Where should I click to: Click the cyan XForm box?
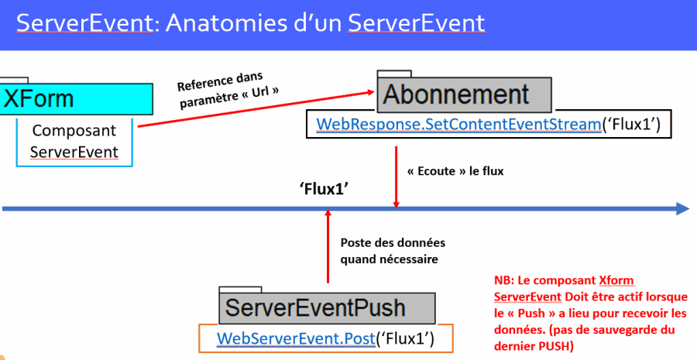tap(76, 98)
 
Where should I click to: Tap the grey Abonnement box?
tap(464, 94)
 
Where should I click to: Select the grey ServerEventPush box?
tap(327, 308)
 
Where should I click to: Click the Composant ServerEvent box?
tap(74, 142)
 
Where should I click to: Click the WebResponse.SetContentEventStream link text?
tap(458, 124)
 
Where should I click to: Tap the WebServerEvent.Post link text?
tap(296, 338)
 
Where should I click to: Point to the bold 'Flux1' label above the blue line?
tap(324, 189)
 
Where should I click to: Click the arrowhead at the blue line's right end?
tap(683, 208)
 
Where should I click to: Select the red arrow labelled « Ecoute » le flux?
tap(396, 177)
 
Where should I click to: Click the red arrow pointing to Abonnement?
tap(256, 109)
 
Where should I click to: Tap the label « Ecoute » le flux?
tap(455, 171)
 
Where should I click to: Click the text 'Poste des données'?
tap(393, 242)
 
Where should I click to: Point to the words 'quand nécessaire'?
tap(389, 259)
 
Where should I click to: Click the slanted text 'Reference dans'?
tap(221, 81)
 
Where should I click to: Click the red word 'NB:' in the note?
tap(504, 280)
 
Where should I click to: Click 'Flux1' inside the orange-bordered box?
tap(405, 338)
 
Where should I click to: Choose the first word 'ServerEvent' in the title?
tap(85, 23)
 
